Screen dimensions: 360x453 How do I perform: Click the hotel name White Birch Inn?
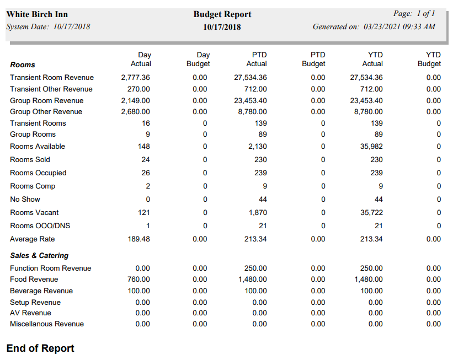tap(37, 14)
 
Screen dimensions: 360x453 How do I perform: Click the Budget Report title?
tap(222, 14)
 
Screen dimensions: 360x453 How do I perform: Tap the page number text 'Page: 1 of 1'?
tap(414, 14)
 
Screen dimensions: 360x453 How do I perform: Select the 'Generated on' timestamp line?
tap(374, 26)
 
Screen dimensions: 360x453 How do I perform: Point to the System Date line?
tap(48, 26)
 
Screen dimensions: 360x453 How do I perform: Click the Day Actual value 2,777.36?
tap(135, 78)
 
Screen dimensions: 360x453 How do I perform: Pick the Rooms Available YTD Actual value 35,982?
tap(371, 146)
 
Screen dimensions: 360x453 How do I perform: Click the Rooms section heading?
tap(23, 65)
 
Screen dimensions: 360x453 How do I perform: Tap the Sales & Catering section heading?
tap(39, 256)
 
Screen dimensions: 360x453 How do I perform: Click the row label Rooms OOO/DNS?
tap(40, 225)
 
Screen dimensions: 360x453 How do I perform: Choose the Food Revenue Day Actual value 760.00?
tap(138, 279)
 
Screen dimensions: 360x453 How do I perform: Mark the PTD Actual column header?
tap(257, 59)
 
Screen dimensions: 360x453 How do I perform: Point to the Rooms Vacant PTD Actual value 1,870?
tap(257, 212)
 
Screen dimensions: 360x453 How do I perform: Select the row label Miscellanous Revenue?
tap(47, 324)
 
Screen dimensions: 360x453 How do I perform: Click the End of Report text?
tap(40, 348)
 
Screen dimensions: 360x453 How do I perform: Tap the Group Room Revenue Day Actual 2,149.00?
tap(135, 100)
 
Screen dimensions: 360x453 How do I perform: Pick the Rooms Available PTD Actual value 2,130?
tap(257, 146)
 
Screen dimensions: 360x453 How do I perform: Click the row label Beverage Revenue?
tap(41, 291)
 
